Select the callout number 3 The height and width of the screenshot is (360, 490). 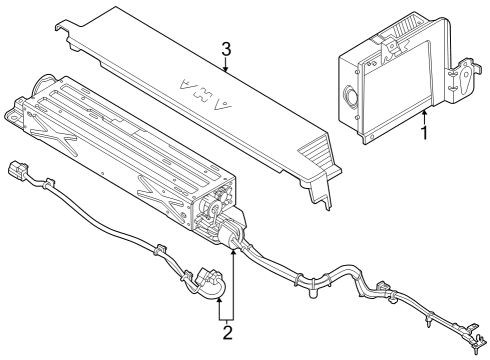coord(227,48)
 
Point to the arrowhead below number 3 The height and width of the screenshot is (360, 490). coord(227,71)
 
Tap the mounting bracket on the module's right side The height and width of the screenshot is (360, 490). coord(464,80)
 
